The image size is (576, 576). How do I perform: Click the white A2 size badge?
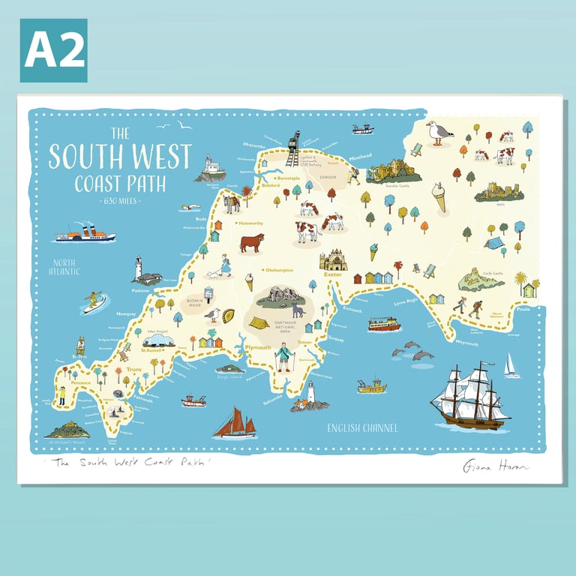tap(53, 50)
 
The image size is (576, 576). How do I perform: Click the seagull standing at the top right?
tap(439, 133)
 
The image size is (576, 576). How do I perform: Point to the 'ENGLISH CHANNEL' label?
tap(362, 428)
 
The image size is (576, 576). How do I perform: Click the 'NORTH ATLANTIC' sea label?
tap(65, 267)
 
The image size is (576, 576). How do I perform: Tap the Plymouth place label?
tap(258, 348)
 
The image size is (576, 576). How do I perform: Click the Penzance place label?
tap(80, 382)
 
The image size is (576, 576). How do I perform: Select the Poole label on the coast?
tap(523, 308)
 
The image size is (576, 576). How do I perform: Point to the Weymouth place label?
tap(465, 341)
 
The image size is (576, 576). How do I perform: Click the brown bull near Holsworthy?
tap(252, 242)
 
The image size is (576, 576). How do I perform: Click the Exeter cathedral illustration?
tap(333, 260)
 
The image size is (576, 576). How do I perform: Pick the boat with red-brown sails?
tap(234, 424)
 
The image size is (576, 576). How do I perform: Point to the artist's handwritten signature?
tap(491, 466)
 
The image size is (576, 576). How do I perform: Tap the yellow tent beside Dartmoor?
tap(259, 323)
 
